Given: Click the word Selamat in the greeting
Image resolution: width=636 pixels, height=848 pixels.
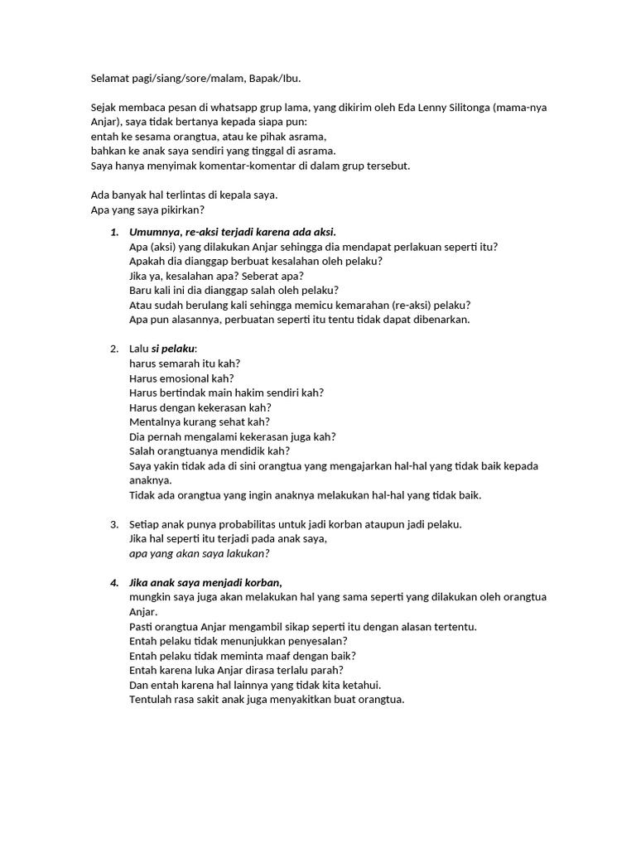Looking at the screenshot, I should [x=110, y=79].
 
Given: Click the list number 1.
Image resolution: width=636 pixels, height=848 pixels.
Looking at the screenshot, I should [x=114, y=232].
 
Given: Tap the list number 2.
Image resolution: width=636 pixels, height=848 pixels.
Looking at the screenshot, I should [x=114, y=349].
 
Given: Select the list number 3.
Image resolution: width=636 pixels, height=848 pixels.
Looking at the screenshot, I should [x=114, y=524].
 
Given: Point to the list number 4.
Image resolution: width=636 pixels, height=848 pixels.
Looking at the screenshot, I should [x=114, y=583].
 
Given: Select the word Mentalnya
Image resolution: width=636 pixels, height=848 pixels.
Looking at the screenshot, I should [x=155, y=422].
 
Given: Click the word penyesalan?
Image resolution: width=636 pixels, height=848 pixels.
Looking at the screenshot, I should [x=314, y=641].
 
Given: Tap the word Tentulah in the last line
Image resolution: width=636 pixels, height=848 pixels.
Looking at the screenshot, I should [x=152, y=699].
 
